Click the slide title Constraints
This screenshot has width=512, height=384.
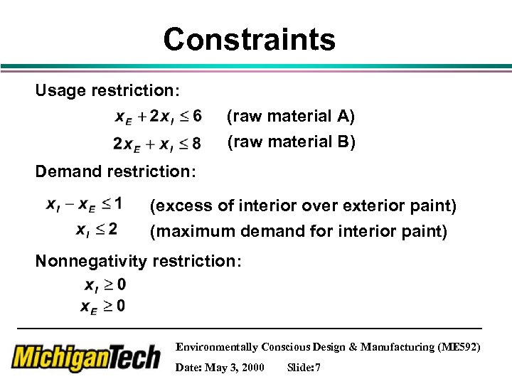tap(249, 39)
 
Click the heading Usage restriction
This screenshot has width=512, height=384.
tap(107, 92)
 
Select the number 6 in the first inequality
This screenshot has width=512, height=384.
tap(196, 115)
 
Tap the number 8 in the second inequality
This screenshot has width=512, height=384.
tap(196, 144)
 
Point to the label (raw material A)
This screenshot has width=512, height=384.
tap(290, 115)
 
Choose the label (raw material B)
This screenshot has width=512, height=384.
tap(291, 142)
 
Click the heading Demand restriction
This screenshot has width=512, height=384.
tap(116, 171)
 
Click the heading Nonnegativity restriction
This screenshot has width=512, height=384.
tap(139, 261)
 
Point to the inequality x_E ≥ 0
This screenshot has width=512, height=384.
tap(103, 306)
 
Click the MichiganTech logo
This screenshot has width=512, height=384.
tap(86, 357)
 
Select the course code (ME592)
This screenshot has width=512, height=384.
tap(462, 347)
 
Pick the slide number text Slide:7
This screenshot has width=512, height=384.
tap(304, 367)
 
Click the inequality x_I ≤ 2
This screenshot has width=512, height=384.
tap(96, 230)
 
